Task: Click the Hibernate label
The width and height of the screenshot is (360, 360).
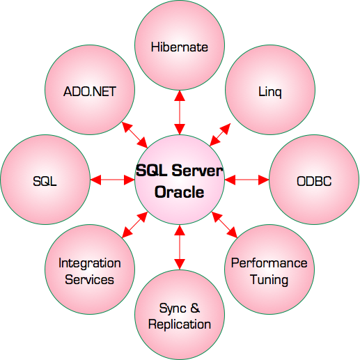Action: coord(180,47)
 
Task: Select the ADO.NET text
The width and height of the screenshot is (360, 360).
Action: coord(90,91)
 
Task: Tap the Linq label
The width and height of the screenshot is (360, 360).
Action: coord(270,92)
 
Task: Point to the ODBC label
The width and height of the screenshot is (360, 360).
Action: coord(314,181)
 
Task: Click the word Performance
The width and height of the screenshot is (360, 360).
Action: coord(269,263)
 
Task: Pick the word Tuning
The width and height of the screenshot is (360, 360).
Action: coord(269,280)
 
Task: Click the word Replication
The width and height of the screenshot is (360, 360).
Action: coord(180,324)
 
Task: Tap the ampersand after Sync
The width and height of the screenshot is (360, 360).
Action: coord(195,308)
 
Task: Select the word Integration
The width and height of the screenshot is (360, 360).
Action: coord(90,263)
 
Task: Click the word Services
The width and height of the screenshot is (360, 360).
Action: coord(89,279)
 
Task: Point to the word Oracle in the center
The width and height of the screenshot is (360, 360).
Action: coord(180,192)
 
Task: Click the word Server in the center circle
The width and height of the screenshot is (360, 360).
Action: coord(197,171)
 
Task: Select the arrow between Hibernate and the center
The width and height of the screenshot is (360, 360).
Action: coord(180,113)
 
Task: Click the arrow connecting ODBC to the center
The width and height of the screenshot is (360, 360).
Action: coord(246,180)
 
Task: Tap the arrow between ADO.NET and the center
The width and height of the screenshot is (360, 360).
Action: coord(134,135)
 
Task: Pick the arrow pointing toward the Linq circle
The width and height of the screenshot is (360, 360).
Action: coord(220,134)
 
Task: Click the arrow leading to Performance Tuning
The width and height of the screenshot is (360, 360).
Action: coord(224,225)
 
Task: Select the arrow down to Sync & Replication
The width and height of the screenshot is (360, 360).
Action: coord(180,247)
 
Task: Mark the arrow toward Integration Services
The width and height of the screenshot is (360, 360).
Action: coord(134,225)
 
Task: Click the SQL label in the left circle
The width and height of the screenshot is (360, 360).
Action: coord(45,181)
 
